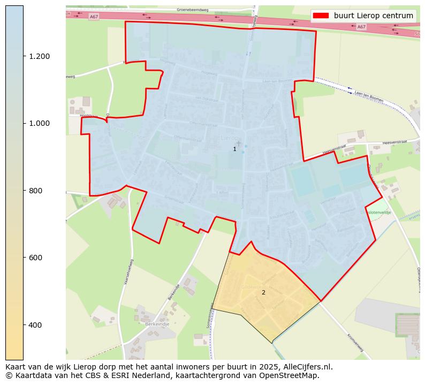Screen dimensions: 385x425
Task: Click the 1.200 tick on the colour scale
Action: tap(39, 56)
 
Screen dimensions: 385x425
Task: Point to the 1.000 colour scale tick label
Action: tap(39, 123)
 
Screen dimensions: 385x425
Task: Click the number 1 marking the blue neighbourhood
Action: tap(234, 149)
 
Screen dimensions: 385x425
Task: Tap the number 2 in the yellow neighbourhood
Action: tap(263, 292)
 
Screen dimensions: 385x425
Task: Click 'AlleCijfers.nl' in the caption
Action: tap(308, 367)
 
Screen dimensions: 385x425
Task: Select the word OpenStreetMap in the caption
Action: tap(289, 375)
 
